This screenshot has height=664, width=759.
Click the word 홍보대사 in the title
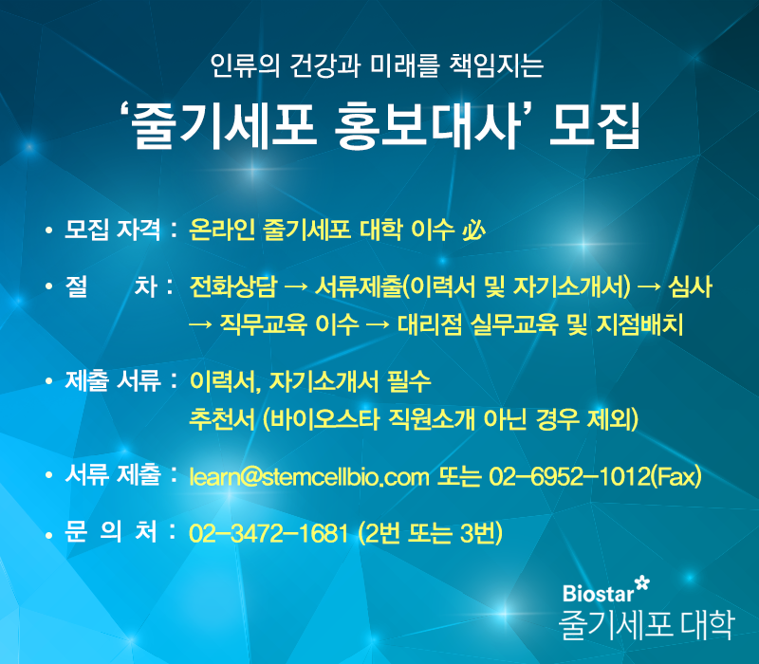[428, 125]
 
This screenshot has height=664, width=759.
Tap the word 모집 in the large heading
[595, 125]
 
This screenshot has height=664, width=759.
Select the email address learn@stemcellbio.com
[309, 476]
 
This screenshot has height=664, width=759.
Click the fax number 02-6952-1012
[569, 476]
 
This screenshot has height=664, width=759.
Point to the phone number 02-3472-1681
[268, 533]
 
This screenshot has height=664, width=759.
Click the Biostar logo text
[599, 594]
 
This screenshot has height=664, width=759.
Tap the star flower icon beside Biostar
[642, 582]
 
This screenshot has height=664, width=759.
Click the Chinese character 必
[473, 230]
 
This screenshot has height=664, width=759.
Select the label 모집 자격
[112, 230]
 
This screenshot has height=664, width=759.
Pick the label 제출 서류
[112, 381]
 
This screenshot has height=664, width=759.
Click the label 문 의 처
[111, 531]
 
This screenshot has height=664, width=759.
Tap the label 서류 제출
[112, 474]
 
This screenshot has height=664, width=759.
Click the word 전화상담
[232, 286]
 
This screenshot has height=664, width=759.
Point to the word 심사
[690, 286]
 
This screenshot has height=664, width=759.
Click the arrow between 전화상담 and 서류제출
[296, 287]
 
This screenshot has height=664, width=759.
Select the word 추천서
[222, 419]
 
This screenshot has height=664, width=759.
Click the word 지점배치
[639, 324]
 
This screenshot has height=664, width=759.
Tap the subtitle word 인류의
[245, 65]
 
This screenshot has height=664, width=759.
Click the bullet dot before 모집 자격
[48, 231]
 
